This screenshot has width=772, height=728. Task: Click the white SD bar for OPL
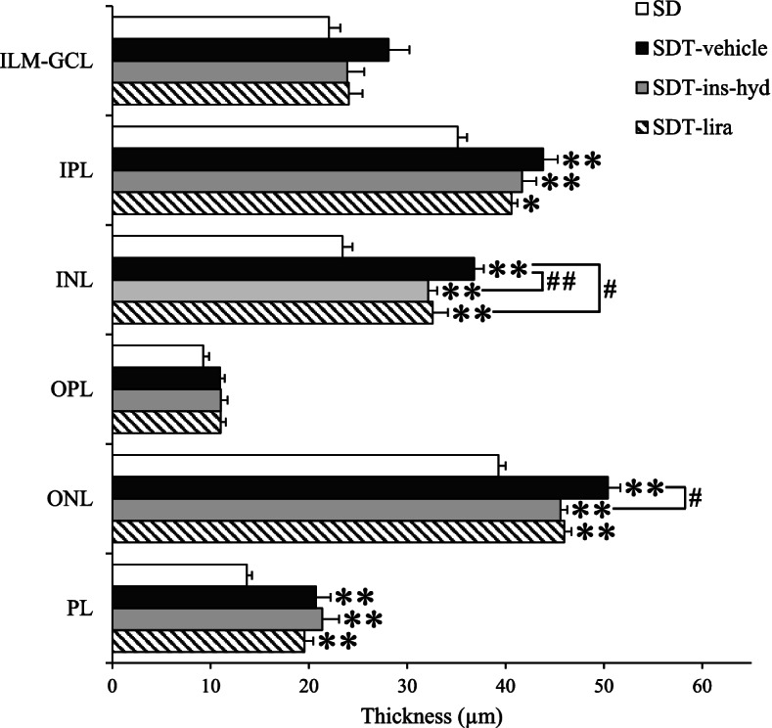158,356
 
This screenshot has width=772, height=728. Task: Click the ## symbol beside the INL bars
562,281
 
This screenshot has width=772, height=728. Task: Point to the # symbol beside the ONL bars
697,496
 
